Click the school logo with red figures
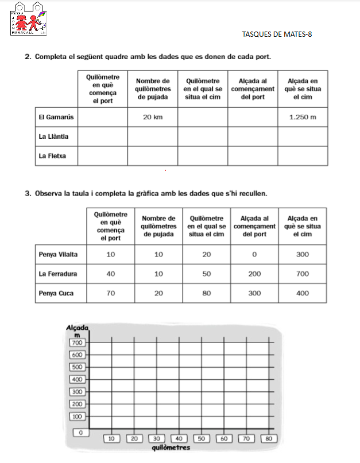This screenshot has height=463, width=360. pos(28,18)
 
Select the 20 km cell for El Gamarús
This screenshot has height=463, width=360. pos(152,118)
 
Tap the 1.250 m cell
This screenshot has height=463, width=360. pos(303,118)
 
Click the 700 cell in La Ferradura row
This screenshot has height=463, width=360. pos(303,274)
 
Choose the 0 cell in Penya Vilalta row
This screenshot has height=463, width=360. pos(254,254)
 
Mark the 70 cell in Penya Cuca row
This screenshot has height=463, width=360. pos(110,294)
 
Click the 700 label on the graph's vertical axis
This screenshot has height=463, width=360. pos(77,343)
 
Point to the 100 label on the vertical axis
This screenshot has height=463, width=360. pos(77,417)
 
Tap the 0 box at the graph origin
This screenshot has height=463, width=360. pos(81,432)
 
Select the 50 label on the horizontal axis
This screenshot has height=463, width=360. pos(202,438)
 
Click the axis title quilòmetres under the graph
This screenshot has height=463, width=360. pos(171,447)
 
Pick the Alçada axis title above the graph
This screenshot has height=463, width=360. pos(77,327)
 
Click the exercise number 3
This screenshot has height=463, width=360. pos(28,193)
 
